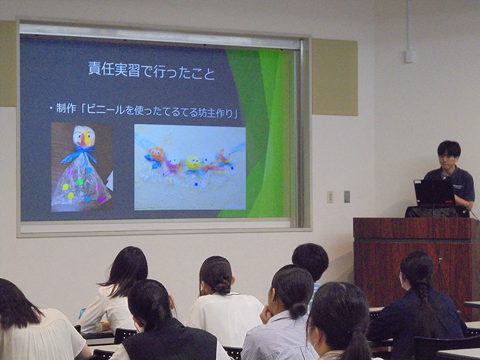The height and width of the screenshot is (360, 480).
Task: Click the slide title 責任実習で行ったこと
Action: (x=152, y=70)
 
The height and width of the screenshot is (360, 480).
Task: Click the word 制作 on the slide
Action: (x=66, y=108)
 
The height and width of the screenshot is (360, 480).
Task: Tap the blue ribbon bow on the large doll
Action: (x=80, y=154)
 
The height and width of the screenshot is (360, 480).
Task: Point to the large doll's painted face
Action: (x=84, y=137)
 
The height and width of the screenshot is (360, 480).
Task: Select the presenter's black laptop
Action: (x=434, y=192)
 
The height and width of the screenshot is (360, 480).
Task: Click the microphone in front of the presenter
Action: (x=444, y=175)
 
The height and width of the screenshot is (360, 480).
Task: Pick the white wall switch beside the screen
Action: (x=329, y=197)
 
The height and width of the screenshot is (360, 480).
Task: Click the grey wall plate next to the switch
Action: (x=347, y=197)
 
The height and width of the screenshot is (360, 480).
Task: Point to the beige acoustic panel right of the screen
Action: (x=335, y=77)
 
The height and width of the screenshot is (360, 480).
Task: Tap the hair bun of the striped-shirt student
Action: (x=298, y=310)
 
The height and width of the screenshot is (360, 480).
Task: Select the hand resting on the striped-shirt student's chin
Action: (x=265, y=314)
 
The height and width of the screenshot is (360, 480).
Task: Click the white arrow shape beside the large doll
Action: (x=110, y=181)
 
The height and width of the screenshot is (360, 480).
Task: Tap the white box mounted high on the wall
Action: (x=409, y=56)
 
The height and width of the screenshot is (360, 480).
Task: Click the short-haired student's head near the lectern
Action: (x=310, y=261)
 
